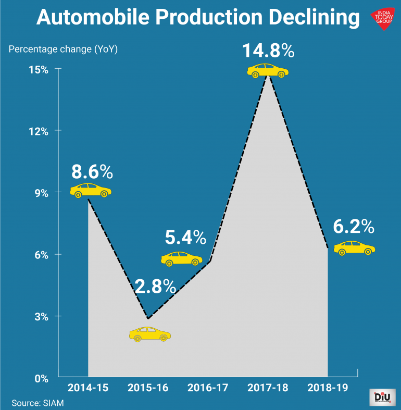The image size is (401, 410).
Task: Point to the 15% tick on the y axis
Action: (38, 69)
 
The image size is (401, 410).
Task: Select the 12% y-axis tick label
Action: (38, 131)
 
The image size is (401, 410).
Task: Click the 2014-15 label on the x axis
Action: (88, 388)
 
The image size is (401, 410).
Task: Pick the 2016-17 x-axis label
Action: (208, 388)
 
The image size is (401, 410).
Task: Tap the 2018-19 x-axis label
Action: (328, 388)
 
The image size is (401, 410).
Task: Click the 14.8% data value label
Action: (268, 52)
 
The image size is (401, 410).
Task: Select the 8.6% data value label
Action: (92, 171)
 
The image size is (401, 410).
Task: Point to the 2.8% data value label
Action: (155, 286)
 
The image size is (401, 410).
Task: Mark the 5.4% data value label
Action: (185, 238)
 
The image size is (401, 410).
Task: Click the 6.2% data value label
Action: (354, 227)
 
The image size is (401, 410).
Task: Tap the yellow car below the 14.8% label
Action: (267, 71)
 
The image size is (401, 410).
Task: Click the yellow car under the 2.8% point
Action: (149, 334)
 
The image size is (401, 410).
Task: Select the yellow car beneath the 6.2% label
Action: (354, 247)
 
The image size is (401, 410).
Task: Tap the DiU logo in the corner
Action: (382, 397)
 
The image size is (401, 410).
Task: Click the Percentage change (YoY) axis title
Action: (62, 49)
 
